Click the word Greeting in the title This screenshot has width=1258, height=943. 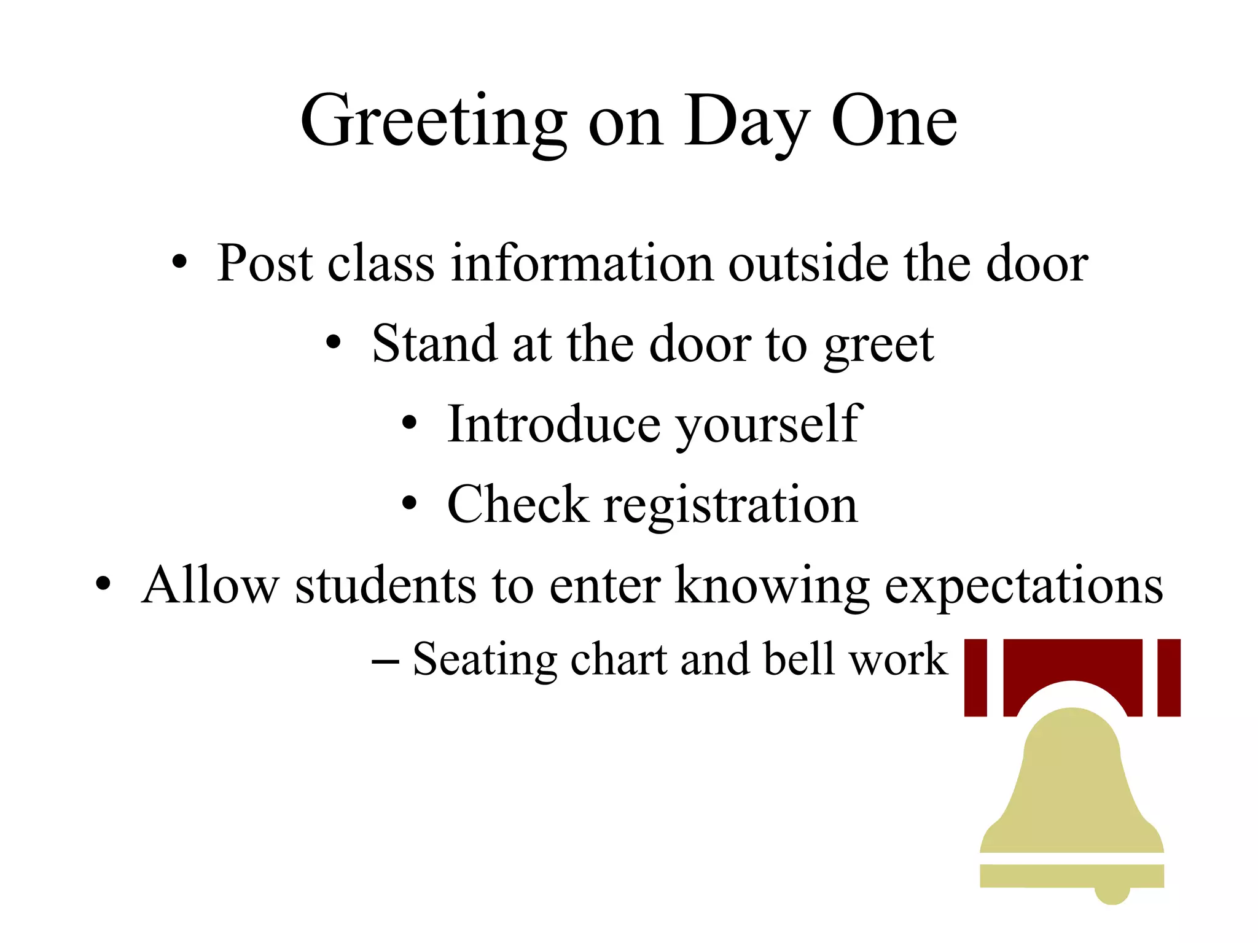pyautogui.click(x=433, y=123)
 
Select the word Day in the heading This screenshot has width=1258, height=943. pyautogui.click(x=746, y=123)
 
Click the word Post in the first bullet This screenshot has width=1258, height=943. pyautogui.click(x=265, y=263)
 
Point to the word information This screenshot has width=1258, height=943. pyautogui.click(x=582, y=263)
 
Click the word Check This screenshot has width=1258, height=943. pyautogui.click(x=517, y=505)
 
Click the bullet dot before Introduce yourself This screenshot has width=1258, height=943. pyautogui.click(x=409, y=424)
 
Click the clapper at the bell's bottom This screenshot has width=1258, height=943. pyautogui.click(x=1112, y=895)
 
